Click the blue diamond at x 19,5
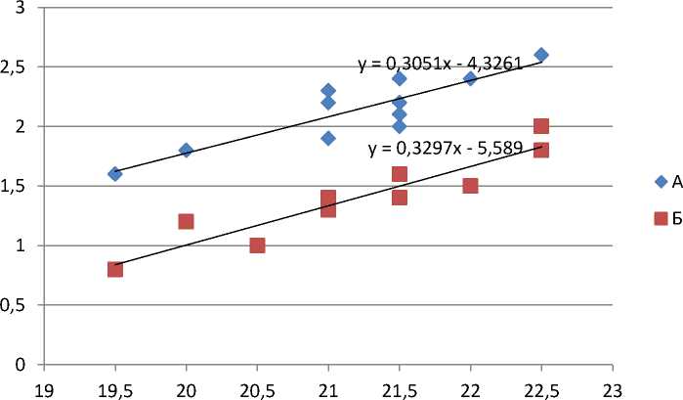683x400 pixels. (115, 173)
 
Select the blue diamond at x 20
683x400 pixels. (186, 150)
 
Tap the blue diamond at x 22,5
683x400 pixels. (541, 55)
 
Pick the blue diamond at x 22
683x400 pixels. (470, 78)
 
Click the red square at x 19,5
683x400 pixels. (115, 269)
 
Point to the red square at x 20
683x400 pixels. (186, 221)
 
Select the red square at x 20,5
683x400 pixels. (257, 244)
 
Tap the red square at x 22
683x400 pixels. (470, 186)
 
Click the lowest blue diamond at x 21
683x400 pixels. (328, 138)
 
